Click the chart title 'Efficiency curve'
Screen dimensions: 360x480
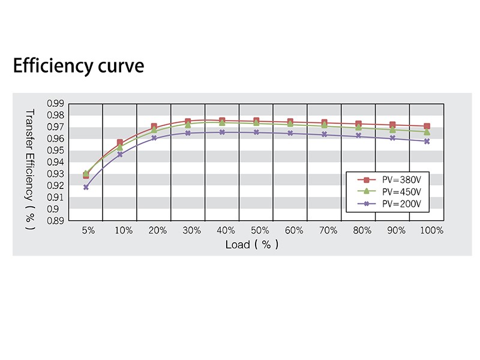tap(79, 65)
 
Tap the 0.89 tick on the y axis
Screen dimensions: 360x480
tap(55, 221)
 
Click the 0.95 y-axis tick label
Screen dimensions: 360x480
tap(55, 151)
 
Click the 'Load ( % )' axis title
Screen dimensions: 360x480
tap(252, 245)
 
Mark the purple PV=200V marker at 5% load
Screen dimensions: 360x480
tap(86, 187)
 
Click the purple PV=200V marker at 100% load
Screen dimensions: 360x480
tap(427, 141)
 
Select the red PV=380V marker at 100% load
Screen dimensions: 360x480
tap(427, 127)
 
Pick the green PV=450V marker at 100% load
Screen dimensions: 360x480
tap(427, 131)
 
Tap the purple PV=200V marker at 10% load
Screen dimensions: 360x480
tap(120, 154)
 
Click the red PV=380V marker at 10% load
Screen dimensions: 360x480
tap(120, 143)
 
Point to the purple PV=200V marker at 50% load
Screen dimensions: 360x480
tap(256, 132)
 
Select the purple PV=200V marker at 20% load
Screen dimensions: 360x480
tap(154, 138)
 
